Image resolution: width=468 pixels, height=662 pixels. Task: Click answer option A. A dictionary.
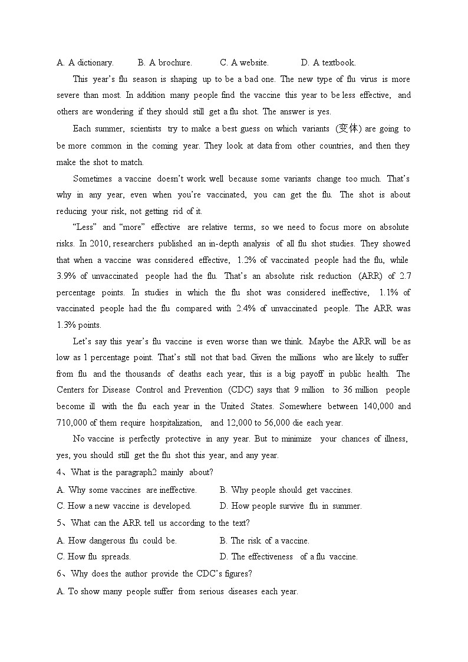[x=85, y=62]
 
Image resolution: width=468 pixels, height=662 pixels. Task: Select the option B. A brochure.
[x=164, y=62]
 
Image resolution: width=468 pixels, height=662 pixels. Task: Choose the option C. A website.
[x=244, y=62]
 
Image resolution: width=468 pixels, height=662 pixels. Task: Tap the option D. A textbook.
[x=328, y=62]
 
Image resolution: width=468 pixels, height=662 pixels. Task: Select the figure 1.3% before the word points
[x=66, y=325]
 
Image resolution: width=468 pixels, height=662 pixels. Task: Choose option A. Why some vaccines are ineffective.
[x=127, y=490]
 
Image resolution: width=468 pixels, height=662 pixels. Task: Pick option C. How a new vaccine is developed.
[x=124, y=506]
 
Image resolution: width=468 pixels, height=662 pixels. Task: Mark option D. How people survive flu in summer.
[x=291, y=506]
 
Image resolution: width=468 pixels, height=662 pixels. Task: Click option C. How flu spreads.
[x=94, y=556]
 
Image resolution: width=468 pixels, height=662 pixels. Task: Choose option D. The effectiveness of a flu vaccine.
[x=288, y=556]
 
